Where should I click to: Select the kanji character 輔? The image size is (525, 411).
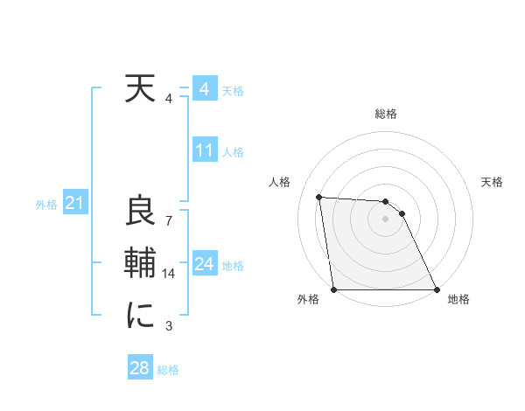click(x=139, y=263)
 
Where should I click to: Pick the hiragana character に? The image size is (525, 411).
click(x=139, y=315)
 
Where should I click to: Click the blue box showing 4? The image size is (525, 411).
click(x=204, y=89)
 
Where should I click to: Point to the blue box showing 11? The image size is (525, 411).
click(x=204, y=150)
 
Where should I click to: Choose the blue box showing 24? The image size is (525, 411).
click(x=204, y=263)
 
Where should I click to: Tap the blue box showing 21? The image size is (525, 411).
click(x=73, y=204)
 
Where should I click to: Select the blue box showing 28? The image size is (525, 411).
click(x=139, y=368)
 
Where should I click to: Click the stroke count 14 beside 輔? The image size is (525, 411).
click(x=169, y=274)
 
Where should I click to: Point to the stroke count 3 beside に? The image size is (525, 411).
click(x=169, y=326)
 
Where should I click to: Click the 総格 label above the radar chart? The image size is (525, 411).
click(x=386, y=114)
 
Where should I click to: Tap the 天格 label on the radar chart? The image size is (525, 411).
click(x=492, y=182)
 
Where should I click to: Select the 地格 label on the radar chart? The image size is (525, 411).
click(x=458, y=299)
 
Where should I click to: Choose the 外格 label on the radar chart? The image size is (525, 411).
click(x=308, y=299)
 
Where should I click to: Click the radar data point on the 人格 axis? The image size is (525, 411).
click(x=319, y=197)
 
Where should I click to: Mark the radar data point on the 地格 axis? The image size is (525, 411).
click(x=437, y=289)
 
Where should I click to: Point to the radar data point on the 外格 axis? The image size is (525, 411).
click(x=334, y=289)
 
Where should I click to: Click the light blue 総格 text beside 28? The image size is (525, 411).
click(x=168, y=369)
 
